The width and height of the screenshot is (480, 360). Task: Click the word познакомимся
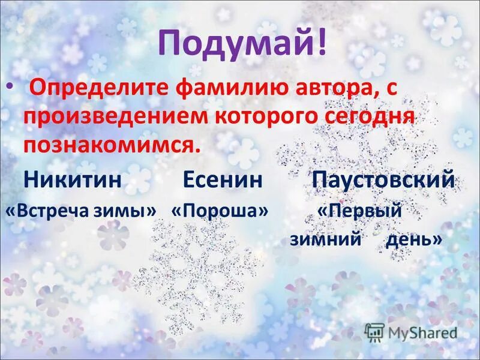tap(112, 145)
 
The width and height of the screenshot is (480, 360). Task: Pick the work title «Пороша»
tap(219, 211)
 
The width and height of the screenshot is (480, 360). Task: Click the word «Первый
tap(358, 211)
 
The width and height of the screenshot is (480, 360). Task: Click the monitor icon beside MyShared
tap(374, 332)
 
